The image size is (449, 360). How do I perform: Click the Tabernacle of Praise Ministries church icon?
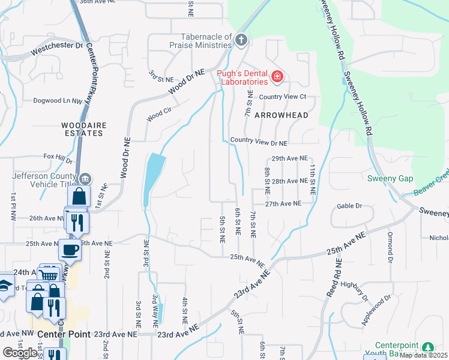point(241,40)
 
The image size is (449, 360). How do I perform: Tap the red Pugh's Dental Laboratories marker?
point(277,76)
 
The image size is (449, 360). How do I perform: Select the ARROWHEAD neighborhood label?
point(281,115)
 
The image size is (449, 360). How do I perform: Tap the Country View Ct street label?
point(282,97)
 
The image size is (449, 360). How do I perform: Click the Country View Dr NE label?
point(259,143)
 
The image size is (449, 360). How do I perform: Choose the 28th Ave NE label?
point(289,181)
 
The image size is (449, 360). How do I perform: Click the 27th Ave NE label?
point(283,204)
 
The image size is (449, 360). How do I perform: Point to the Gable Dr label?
point(350,206)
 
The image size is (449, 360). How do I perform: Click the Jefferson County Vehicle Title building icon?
point(85,178)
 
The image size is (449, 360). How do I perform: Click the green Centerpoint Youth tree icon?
point(427,347)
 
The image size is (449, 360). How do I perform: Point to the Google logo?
point(20,352)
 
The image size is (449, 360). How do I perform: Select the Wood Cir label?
point(159,113)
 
